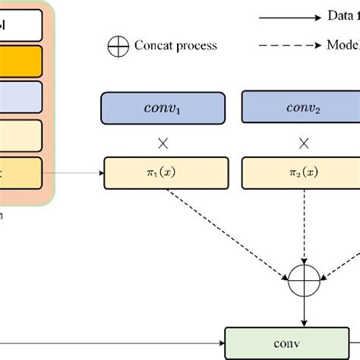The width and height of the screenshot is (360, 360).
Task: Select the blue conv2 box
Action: coord(303,108)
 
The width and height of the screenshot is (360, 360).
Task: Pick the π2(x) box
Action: coord(303,174)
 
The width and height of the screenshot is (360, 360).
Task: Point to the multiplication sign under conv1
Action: coord(163,142)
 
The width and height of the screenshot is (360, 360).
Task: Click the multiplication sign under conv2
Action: coord(304,142)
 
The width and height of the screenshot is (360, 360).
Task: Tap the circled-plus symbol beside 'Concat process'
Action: coord(118,46)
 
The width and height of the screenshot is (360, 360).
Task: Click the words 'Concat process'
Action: coord(175,46)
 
